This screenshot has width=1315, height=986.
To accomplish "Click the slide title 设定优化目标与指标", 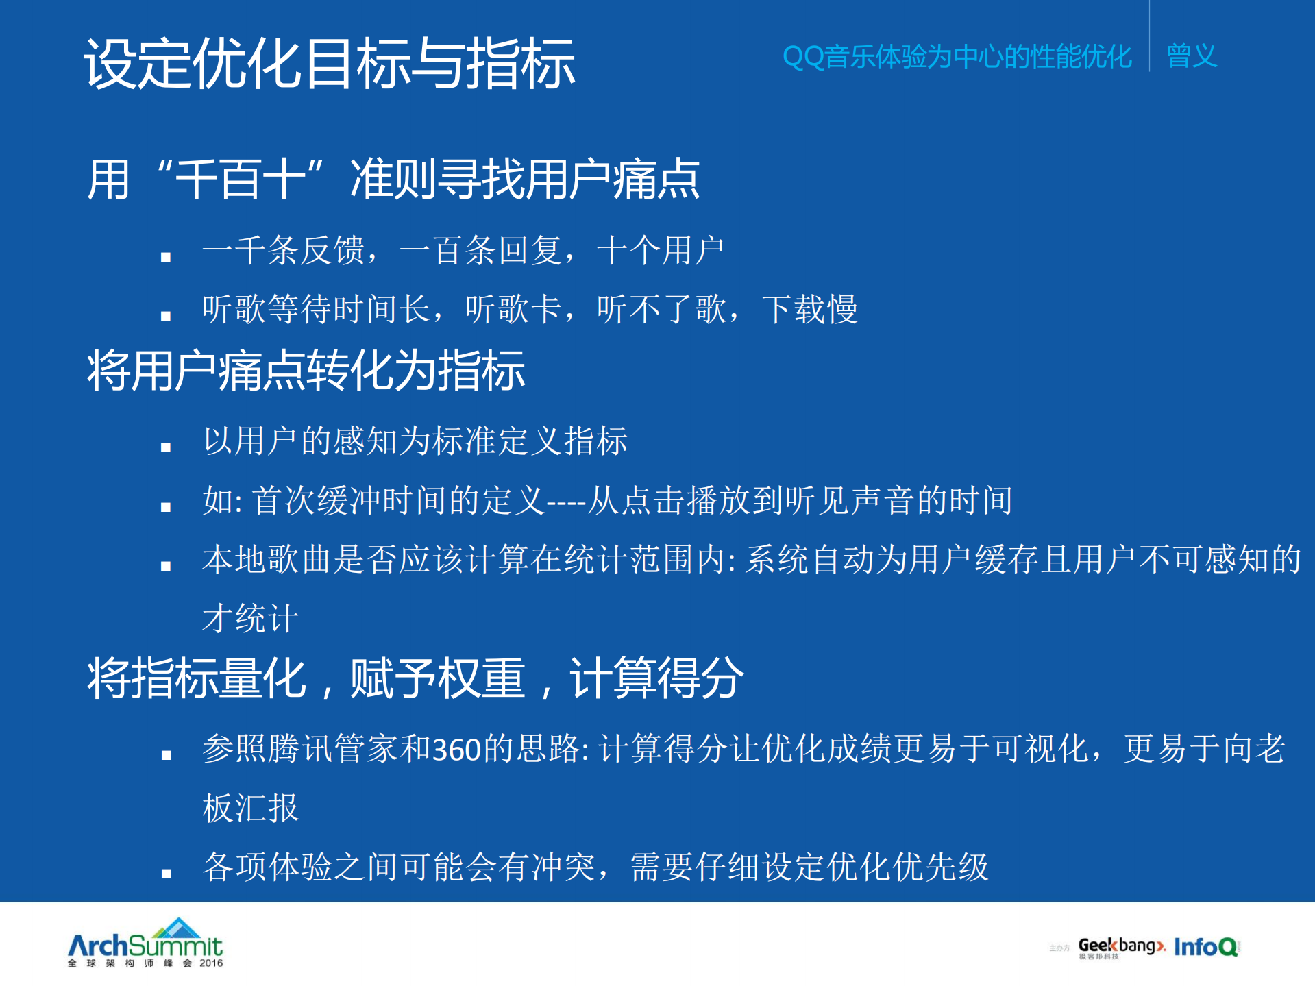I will [329, 64].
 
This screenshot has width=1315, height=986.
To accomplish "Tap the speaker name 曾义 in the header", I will [1191, 56].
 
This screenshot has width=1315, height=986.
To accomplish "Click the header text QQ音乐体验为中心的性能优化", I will [957, 56].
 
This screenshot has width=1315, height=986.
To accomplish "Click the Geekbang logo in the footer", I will [1121, 947].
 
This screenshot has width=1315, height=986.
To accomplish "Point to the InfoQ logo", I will [1206, 947].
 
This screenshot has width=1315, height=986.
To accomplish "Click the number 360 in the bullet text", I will [456, 749].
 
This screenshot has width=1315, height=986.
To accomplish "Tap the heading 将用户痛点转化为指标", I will [306, 371].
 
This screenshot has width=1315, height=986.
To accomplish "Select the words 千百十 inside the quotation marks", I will [241, 180].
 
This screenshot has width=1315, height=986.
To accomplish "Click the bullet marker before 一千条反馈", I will [166, 257].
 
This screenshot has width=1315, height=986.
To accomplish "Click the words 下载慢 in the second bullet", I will [809, 309].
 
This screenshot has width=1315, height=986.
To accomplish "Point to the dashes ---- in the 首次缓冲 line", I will [566, 501].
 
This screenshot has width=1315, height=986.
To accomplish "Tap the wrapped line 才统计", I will [250, 619].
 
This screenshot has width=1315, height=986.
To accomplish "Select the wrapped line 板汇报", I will [250, 808].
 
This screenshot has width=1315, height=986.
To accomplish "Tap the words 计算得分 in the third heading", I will [656, 678].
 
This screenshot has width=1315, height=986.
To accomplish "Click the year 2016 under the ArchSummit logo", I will [211, 963].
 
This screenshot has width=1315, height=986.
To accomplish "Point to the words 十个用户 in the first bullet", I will [660, 250].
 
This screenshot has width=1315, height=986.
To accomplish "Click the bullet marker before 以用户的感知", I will [166, 447].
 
